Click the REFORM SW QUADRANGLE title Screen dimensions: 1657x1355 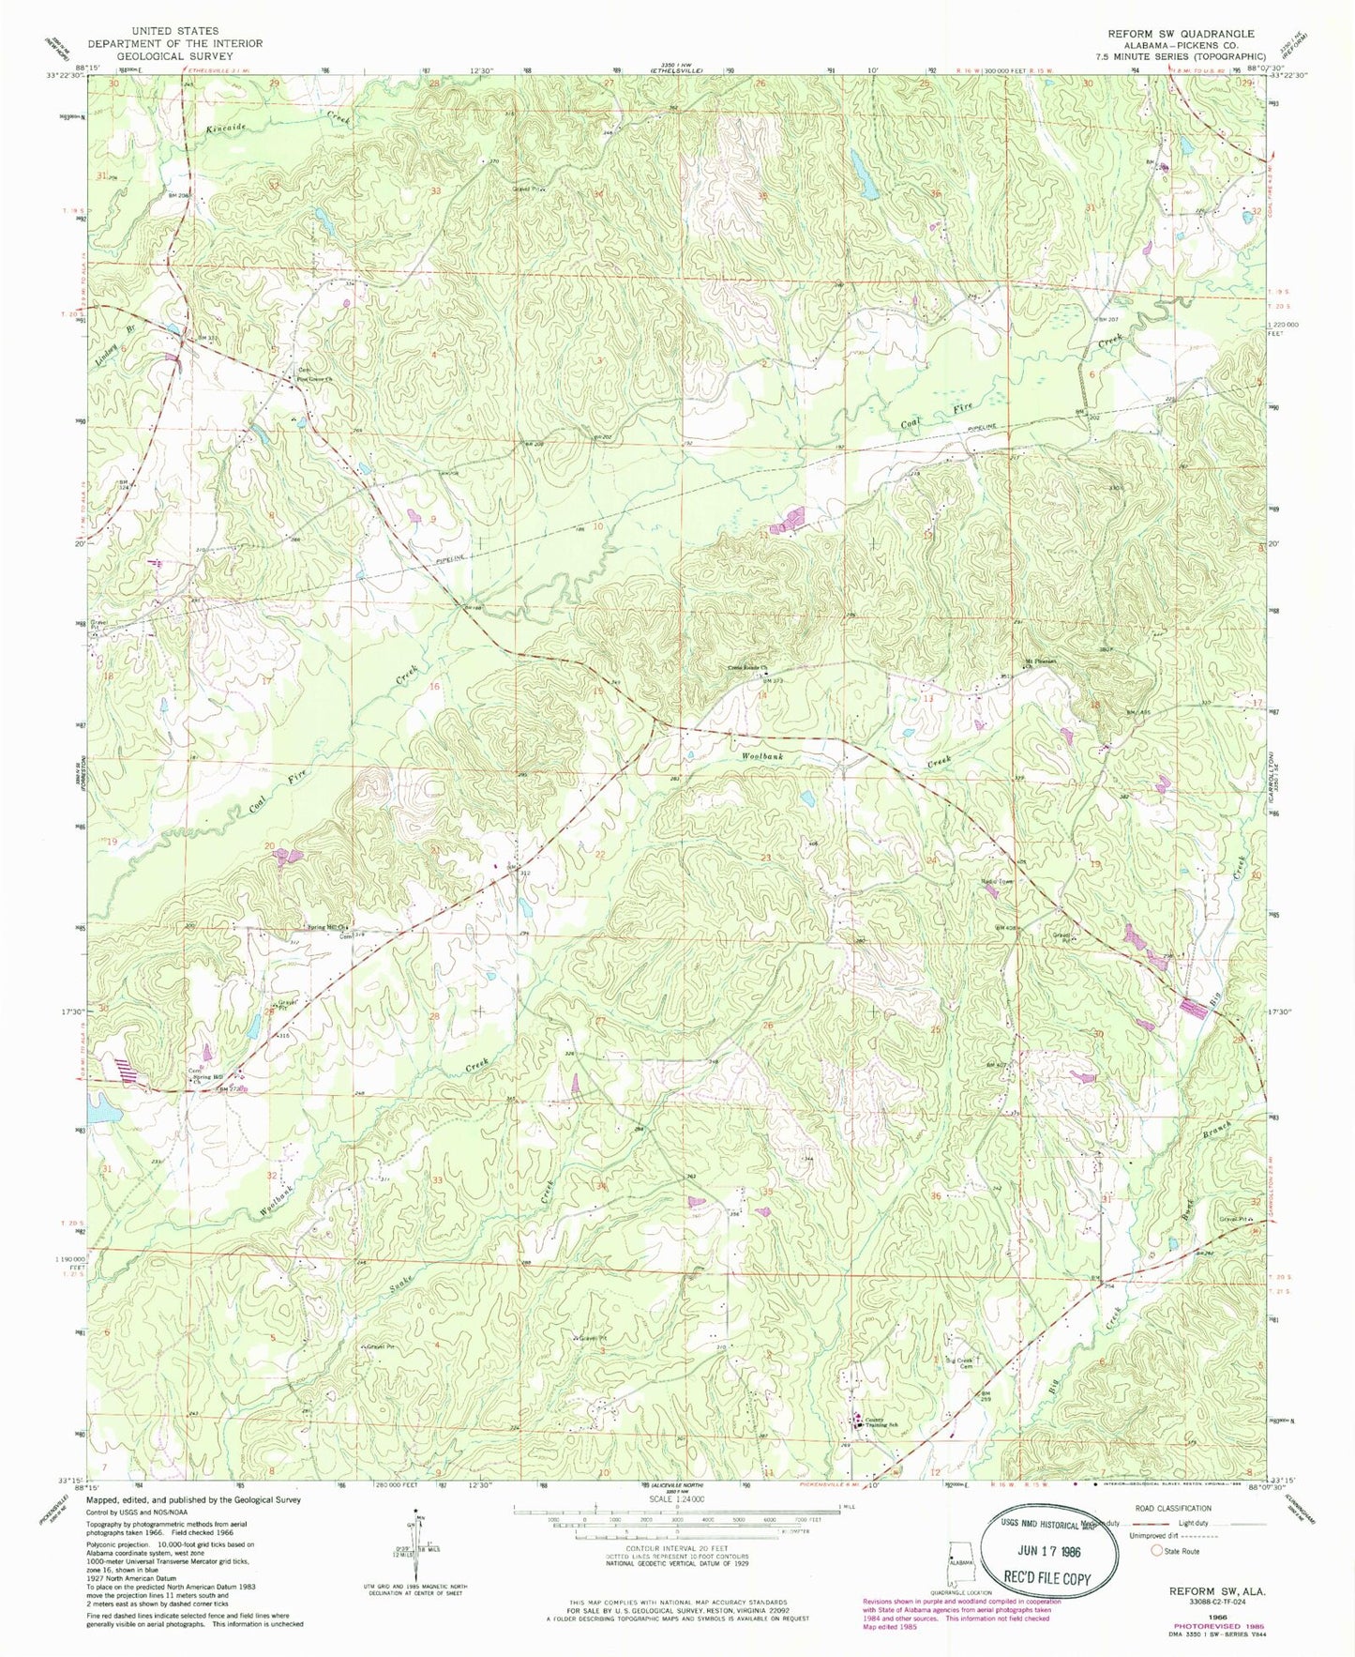click(1181, 34)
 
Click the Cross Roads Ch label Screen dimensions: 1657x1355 click(747, 668)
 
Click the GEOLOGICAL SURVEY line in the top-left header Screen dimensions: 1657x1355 click(174, 55)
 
